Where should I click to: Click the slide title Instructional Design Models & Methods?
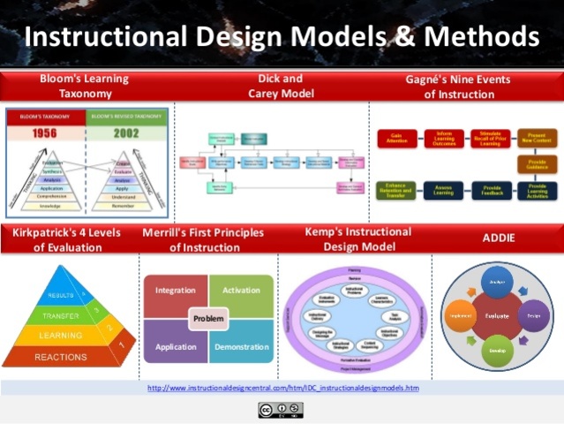click(x=282, y=36)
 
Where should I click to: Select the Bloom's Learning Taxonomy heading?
click(x=84, y=86)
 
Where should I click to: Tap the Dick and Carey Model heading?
click(x=281, y=86)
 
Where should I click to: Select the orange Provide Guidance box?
click(x=537, y=164)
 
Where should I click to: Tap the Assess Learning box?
click(x=444, y=191)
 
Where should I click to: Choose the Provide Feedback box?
click(x=492, y=191)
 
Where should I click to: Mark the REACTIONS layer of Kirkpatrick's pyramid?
click(x=61, y=356)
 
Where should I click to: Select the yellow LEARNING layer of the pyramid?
click(x=61, y=336)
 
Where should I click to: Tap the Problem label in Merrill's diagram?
click(x=209, y=318)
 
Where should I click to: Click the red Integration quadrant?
click(x=176, y=290)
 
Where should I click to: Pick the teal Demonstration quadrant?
click(x=242, y=347)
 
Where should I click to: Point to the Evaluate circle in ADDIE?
click(x=497, y=314)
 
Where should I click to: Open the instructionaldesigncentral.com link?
click(x=282, y=388)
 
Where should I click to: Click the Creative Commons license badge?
click(x=281, y=409)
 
